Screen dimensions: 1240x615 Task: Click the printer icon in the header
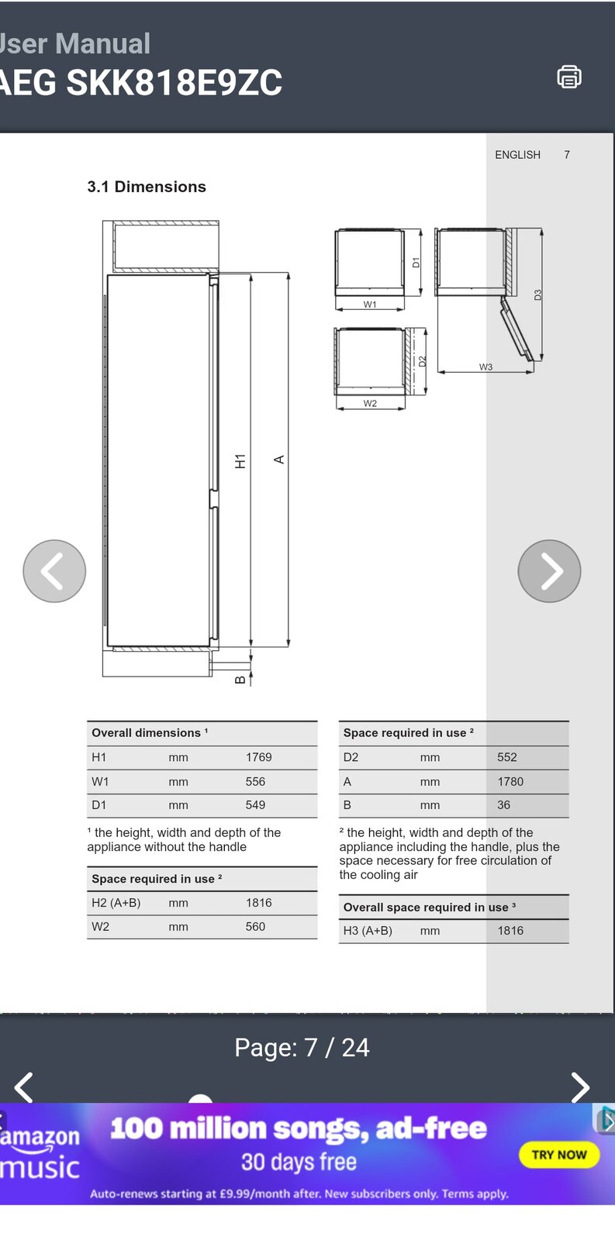coord(568,77)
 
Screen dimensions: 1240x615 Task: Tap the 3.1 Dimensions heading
coord(147,187)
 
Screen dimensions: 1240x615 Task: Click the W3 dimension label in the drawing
coord(485,367)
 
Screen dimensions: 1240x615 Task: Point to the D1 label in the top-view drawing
coord(416,263)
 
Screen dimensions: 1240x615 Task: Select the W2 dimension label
coord(370,404)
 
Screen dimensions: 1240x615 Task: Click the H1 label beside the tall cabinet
coord(240,461)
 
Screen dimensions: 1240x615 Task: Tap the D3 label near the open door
coord(537,295)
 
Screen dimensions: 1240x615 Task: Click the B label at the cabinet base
coord(240,680)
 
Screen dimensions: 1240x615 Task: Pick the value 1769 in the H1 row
coord(258,757)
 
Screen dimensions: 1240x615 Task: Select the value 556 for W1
coord(255,782)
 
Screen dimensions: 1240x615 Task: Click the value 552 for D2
coord(506,757)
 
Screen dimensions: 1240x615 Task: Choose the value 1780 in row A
coord(510,782)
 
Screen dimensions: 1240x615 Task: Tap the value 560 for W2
coord(255,927)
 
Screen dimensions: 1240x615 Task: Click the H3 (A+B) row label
coord(368,931)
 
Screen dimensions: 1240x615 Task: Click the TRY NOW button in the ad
coord(559,1155)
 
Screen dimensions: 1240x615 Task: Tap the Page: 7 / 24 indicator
coord(302,1048)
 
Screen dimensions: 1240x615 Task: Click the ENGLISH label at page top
coord(517,155)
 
